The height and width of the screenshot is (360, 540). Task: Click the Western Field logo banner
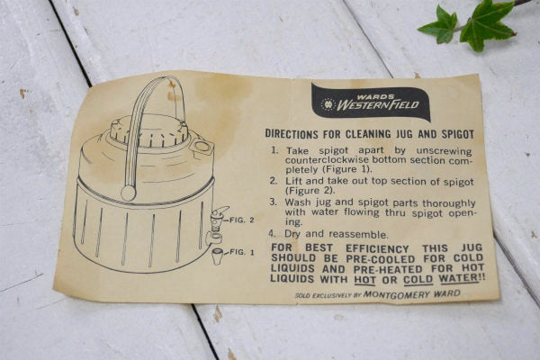coord(371,102)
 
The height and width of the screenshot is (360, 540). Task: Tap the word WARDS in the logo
coord(371,97)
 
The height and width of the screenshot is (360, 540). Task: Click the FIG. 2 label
coord(242,220)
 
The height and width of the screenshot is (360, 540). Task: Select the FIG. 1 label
coord(242,252)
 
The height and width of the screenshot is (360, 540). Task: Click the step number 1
coord(274,150)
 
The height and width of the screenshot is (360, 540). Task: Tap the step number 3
coord(273,202)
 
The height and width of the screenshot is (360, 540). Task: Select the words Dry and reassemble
coord(336,234)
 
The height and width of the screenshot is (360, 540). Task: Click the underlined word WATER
coord(459,278)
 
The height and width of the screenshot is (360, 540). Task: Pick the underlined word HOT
coord(364,279)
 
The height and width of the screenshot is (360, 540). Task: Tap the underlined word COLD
coord(418,279)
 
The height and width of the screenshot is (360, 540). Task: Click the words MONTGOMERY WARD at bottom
coord(412,294)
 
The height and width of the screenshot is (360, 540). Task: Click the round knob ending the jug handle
coord(129,193)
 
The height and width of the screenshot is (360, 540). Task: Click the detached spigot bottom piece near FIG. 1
coord(217,256)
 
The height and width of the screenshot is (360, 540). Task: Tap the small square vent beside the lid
coord(202,147)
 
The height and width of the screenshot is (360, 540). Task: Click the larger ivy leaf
coord(487,25)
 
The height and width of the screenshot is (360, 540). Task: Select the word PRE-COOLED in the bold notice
coord(381,259)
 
